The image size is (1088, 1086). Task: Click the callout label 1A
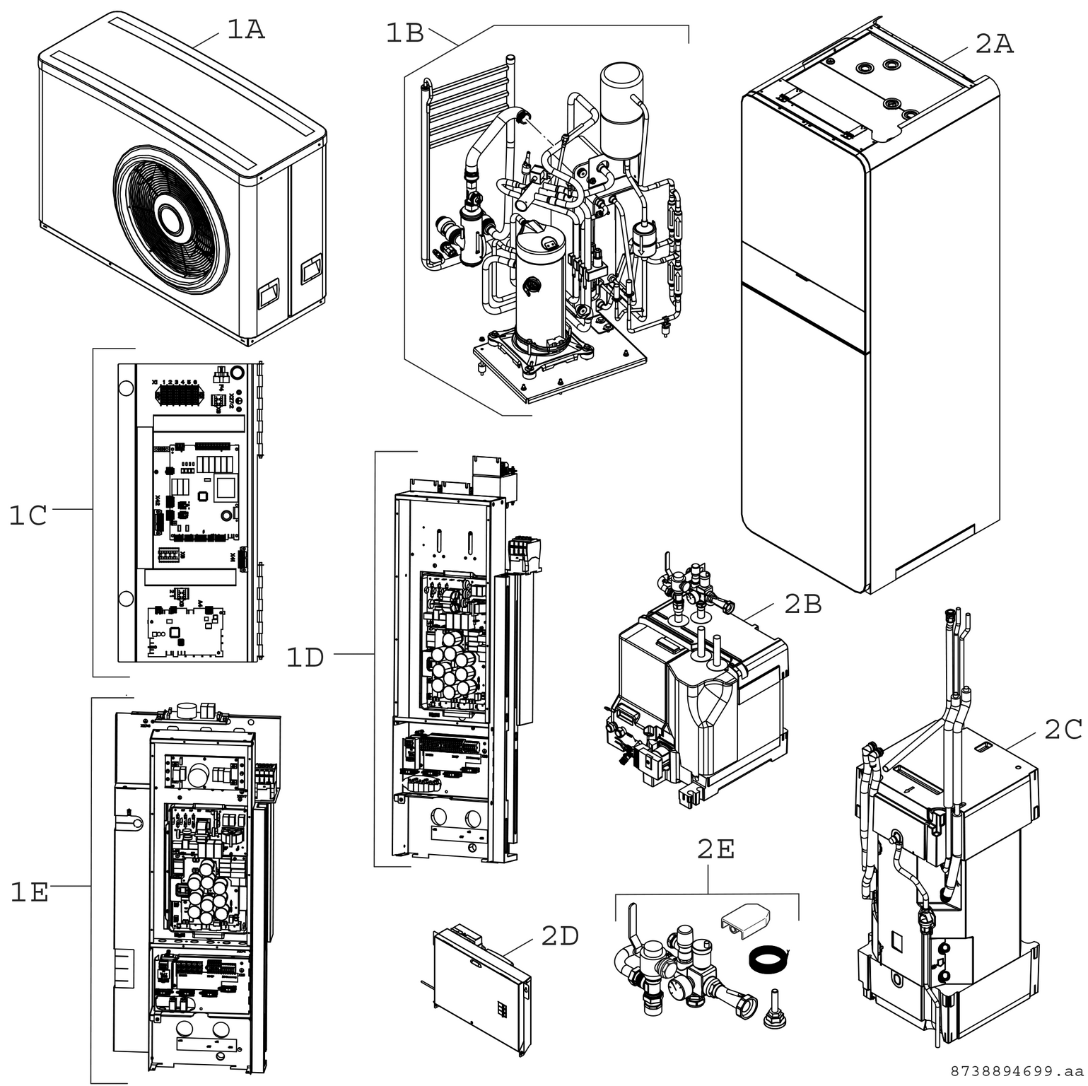coord(245,30)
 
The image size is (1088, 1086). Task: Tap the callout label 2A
coord(994,44)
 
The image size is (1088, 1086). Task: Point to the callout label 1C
coord(28,515)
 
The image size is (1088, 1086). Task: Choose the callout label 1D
coord(305,658)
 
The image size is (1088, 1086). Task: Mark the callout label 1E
coord(29,893)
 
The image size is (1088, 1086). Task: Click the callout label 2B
coord(802,604)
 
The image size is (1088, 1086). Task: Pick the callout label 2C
coord(1063,730)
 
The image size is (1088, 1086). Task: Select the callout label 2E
coord(715,849)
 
